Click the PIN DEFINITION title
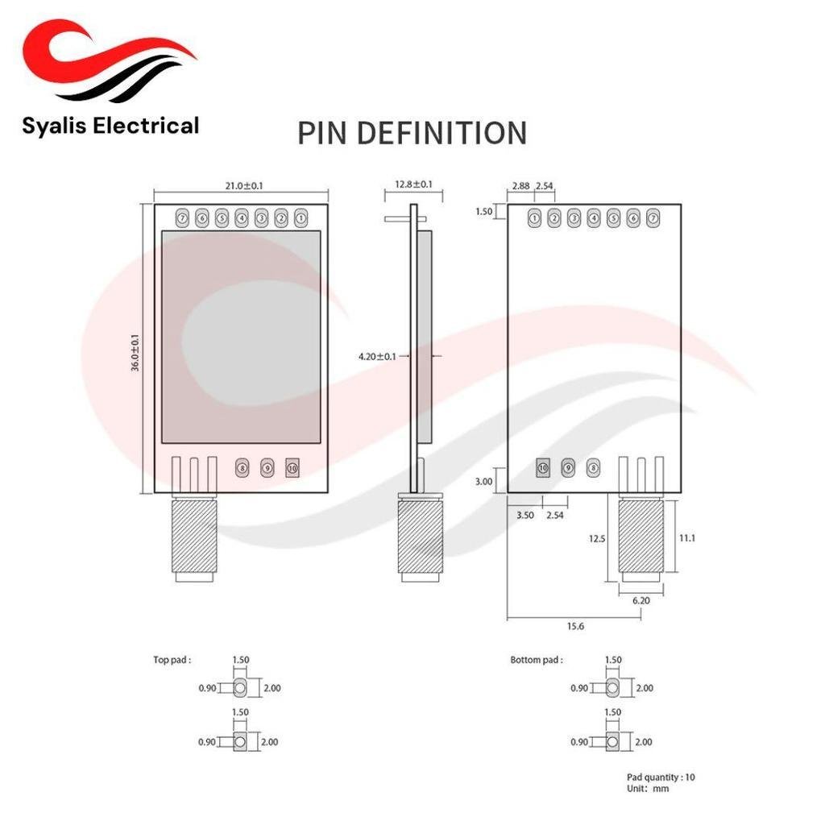click(412, 133)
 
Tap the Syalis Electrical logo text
click(110, 126)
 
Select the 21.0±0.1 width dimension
click(243, 186)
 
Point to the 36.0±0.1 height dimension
click(135, 353)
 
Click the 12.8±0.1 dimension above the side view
click(413, 184)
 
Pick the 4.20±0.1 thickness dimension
click(377, 357)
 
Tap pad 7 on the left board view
click(183, 218)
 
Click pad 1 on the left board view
click(301, 218)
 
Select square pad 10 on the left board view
click(292, 468)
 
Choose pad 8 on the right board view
click(593, 468)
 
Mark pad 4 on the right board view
click(594, 218)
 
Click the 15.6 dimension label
click(575, 626)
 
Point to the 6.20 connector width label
click(641, 600)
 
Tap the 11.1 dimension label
click(687, 537)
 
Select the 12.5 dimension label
click(597, 538)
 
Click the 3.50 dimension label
click(525, 515)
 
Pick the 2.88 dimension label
click(521, 186)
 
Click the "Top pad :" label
click(172, 660)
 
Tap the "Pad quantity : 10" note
click(661, 777)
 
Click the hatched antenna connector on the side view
click(421, 537)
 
